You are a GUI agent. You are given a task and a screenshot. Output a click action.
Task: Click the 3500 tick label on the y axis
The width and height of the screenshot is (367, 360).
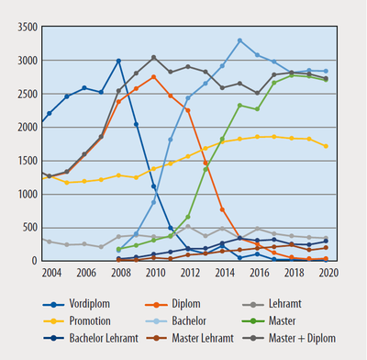pyautogui.click(x=22, y=20)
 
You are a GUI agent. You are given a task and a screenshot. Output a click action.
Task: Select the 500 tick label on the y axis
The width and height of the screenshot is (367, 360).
pyautogui.click(x=25, y=227)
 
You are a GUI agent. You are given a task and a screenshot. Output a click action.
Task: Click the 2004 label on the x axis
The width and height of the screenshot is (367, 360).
pyautogui.click(x=50, y=273)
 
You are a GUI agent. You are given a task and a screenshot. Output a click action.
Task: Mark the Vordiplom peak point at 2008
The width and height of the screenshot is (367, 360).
pyautogui.click(x=119, y=61)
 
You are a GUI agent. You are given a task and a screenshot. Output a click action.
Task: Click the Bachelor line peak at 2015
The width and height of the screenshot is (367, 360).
pyautogui.click(x=239, y=40)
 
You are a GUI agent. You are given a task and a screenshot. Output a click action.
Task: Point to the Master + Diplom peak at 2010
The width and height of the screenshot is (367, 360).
pyautogui.click(x=153, y=57)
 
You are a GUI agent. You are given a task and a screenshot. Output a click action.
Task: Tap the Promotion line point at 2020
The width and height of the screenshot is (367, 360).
pyautogui.click(x=326, y=146)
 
